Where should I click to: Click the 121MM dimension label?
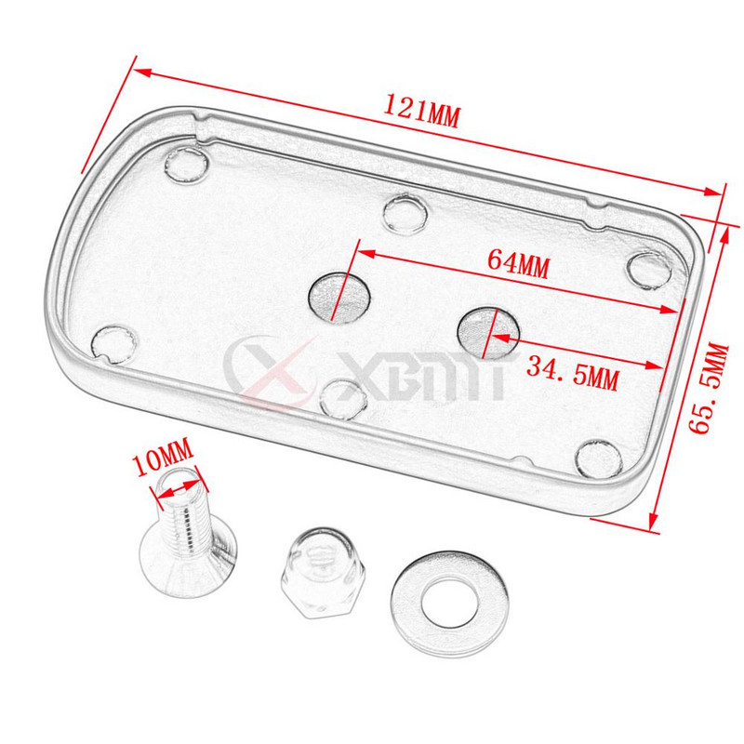tap(421, 112)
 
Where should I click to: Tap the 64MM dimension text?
tap(519, 264)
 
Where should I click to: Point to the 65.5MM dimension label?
tap(709, 388)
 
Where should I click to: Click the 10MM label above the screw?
tap(164, 458)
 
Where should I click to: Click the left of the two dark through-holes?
tap(339, 299)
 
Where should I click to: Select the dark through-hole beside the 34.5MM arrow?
tap(487, 333)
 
